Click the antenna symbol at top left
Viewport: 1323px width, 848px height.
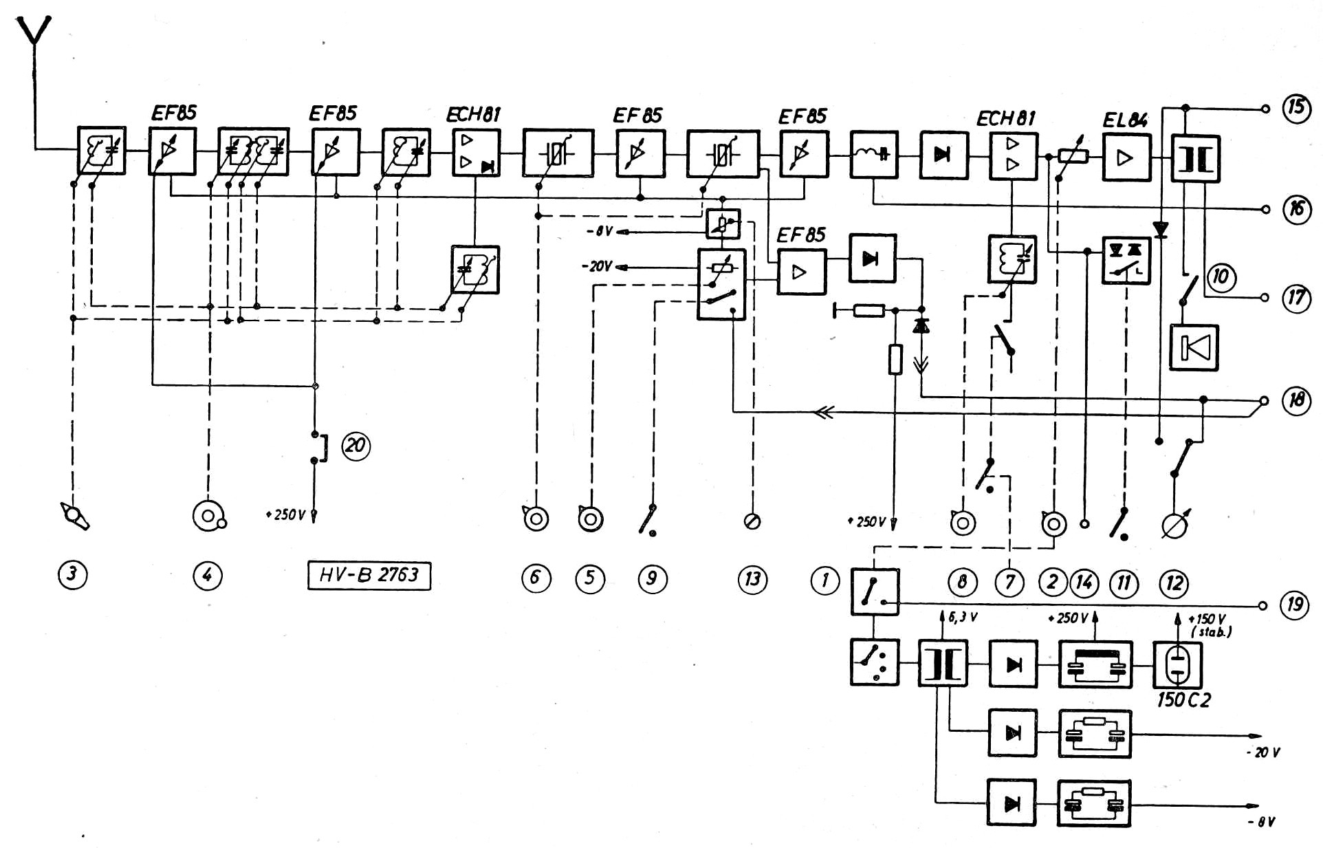pos(34,41)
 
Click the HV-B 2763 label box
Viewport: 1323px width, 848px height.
pos(369,575)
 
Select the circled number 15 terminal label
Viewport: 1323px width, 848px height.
pos(1296,109)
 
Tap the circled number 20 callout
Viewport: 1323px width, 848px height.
pos(356,446)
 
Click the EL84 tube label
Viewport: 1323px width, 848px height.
pos(1125,120)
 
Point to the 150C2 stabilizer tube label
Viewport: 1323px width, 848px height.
pos(1183,700)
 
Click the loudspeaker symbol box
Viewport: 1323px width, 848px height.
pos(1194,347)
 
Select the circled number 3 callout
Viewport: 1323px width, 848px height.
pos(72,574)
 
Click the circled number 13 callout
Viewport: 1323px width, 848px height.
pos(752,578)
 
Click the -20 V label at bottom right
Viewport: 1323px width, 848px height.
pos(1263,752)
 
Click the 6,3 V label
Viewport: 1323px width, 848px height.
pos(962,618)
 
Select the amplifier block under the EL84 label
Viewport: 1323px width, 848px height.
pos(1126,158)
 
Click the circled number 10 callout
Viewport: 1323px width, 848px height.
pos(1221,277)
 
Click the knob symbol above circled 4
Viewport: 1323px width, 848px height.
pos(209,515)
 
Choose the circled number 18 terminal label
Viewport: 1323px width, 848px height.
pos(1296,400)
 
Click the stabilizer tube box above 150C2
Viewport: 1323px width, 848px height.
pos(1177,665)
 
